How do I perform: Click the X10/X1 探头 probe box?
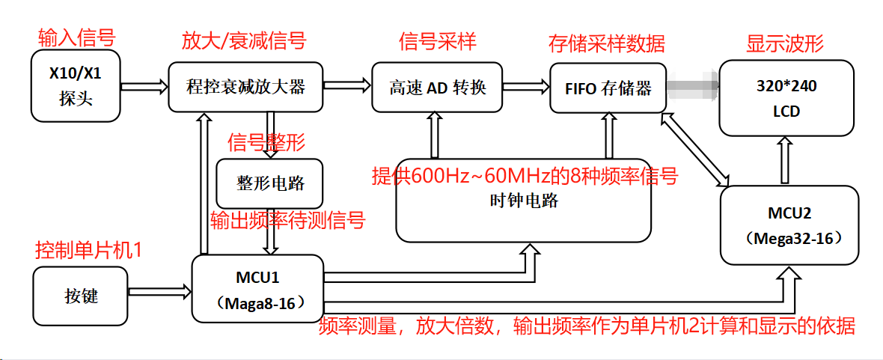point(76,86)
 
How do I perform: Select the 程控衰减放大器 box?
point(245,87)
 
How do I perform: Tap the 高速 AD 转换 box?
point(437,88)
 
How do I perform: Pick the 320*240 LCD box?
point(786,98)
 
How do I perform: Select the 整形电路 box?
point(270,183)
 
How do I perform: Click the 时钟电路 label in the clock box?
point(524,201)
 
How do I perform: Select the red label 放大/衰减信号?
point(244,39)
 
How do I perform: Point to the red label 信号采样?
point(438,39)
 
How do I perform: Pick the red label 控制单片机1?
point(88,248)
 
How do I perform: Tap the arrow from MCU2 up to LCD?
point(784,161)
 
